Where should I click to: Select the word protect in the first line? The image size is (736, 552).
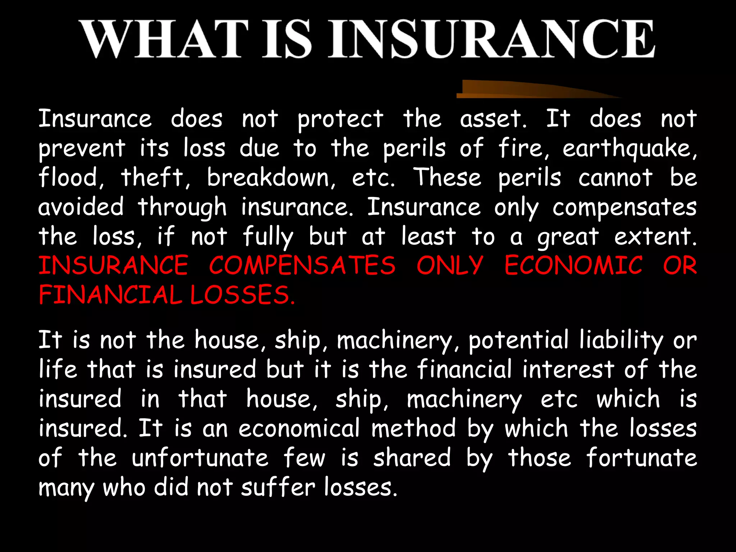coord(340,119)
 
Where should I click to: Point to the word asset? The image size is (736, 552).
coord(493,119)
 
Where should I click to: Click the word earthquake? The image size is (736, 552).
coord(629,149)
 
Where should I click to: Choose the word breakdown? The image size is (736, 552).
coord(271,178)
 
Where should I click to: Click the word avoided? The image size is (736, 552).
coord(81,207)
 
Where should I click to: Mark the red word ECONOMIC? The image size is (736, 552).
coord(574,266)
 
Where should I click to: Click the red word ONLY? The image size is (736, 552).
coord(450,266)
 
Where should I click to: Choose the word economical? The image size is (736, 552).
coord(299,428)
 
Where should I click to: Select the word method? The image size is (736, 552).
coord(413,428)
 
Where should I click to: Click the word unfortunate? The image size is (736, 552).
coord(200,458)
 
